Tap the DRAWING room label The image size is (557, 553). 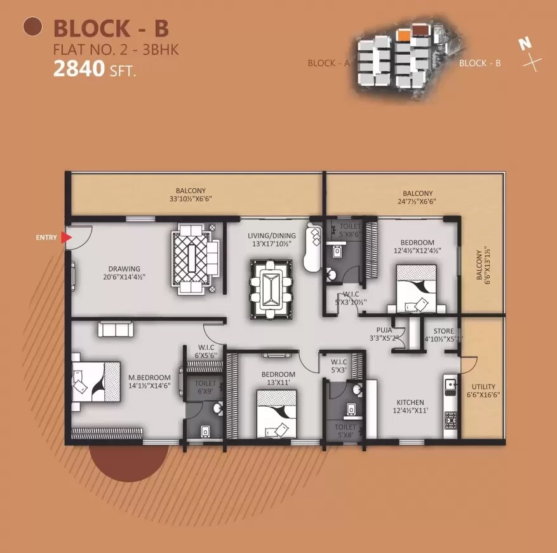[124, 269]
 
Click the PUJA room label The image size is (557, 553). [384, 331]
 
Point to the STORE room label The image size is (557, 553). [443, 331]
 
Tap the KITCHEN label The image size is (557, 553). [410, 402]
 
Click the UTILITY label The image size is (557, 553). [483, 386]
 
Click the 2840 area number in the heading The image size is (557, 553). [79, 69]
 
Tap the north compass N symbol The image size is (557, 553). [525, 44]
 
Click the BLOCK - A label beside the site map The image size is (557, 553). [329, 63]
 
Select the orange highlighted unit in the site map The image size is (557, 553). [403, 34]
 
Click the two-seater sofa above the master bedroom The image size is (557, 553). [115, 329]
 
